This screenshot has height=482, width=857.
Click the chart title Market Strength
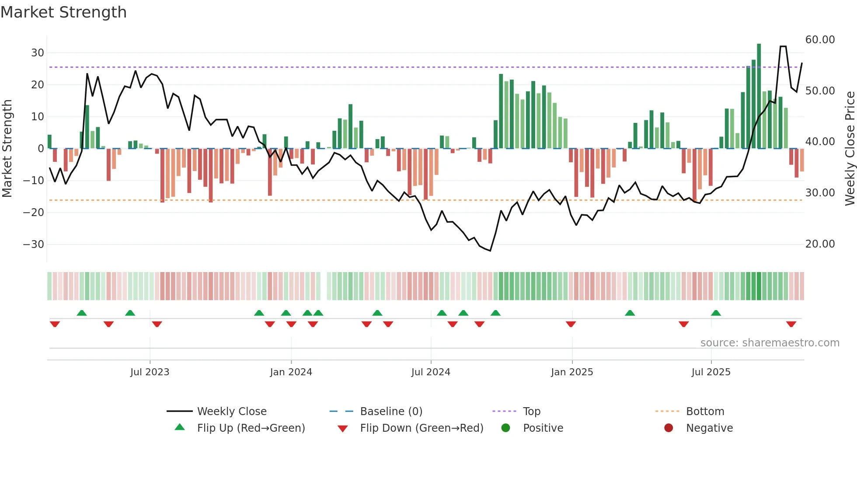63,12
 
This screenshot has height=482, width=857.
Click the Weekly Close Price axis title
850,148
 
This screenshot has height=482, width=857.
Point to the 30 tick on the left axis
38,53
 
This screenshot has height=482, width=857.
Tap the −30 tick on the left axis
34,244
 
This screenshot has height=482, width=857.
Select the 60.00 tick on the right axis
820,40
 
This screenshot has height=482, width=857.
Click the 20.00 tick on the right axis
820,244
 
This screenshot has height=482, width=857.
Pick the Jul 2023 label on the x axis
150,372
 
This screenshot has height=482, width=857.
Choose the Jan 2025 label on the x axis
572,372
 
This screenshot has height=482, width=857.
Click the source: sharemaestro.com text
770,343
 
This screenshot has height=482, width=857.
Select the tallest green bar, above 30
759,96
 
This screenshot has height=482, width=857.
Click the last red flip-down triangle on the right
791,324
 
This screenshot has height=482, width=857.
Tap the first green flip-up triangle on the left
82,313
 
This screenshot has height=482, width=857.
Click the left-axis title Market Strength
7,148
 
